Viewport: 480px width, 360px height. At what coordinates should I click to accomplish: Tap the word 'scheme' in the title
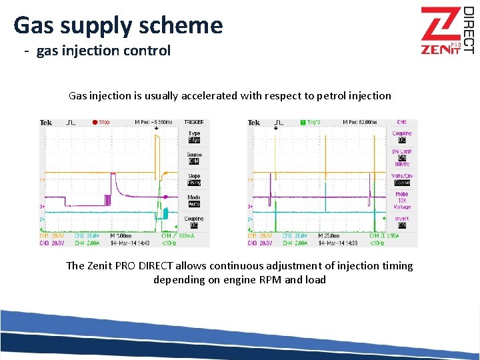coord(185,25)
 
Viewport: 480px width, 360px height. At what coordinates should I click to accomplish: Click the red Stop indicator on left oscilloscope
coord(101,123)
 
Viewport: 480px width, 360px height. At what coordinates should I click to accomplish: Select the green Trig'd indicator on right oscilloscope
coord(311,123)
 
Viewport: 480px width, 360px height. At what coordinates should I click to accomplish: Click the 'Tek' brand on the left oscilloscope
coord(46,123)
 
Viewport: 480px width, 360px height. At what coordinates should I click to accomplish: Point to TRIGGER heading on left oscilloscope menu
coord(194,123)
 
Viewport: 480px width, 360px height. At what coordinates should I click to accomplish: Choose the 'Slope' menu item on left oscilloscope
coord(194,179)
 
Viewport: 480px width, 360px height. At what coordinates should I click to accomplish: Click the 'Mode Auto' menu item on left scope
coord(194,201)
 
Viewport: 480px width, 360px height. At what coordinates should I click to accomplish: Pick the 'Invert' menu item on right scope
coord(401,222)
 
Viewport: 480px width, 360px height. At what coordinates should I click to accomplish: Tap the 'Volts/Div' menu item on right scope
coord(401,179)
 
